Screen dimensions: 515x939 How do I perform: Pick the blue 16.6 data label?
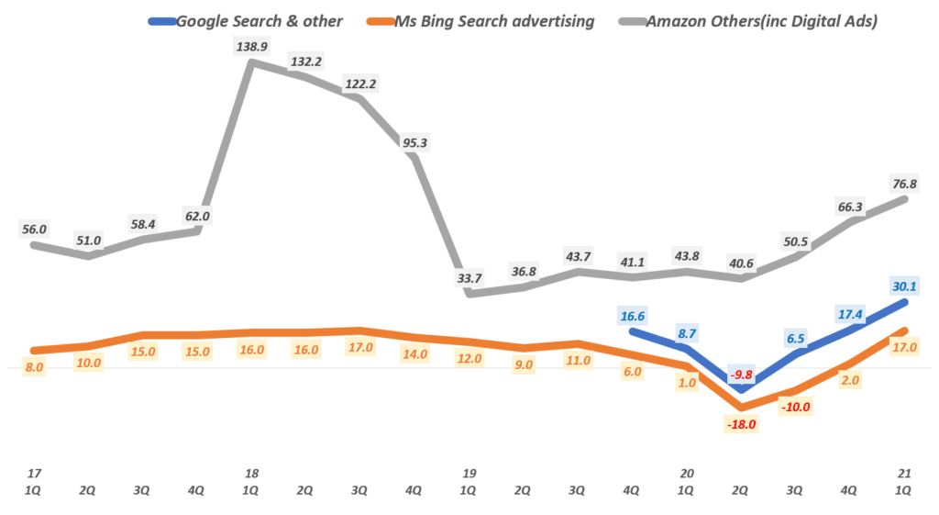[633, 317]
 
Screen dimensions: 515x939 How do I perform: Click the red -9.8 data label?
[740, 375]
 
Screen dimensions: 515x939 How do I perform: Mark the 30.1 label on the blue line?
[904, 286]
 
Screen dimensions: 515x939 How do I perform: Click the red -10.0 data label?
[795, 407]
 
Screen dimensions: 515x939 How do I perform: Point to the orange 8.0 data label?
[36, 366]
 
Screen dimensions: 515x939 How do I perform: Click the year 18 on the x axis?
[251, 474]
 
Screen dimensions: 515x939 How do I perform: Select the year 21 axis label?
[904, 474]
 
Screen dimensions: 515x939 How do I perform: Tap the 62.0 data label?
[197, 218]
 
